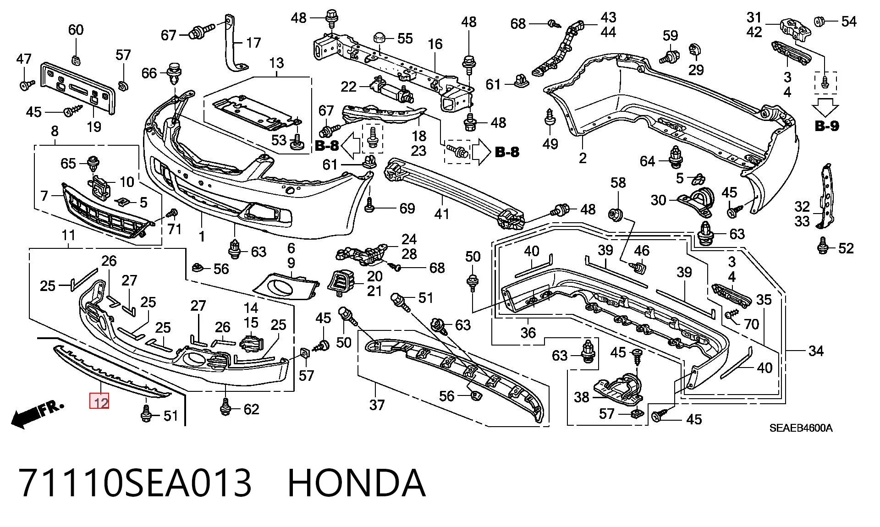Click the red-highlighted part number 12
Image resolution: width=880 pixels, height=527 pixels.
[99, 402]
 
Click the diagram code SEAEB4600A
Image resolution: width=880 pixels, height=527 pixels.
[800, 428]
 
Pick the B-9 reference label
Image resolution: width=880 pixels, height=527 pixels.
[827, 126]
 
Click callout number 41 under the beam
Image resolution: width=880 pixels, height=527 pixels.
[442, 213]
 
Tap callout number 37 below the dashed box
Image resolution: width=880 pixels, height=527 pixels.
[377, 405]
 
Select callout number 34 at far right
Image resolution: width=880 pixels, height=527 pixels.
[816, 351]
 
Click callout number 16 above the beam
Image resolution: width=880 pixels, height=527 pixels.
[435, 44]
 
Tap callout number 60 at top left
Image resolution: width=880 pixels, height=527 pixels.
[76, 30]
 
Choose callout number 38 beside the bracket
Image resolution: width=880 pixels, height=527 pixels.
[581, 396]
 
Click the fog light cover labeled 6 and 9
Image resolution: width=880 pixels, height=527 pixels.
[285, 287]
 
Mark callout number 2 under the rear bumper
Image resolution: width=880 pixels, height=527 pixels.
[583, 158]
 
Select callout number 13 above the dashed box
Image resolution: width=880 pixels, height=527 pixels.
[276, 63]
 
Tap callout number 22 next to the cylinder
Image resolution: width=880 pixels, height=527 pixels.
[348, 86]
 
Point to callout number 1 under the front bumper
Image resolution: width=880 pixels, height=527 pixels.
[202, 236]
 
